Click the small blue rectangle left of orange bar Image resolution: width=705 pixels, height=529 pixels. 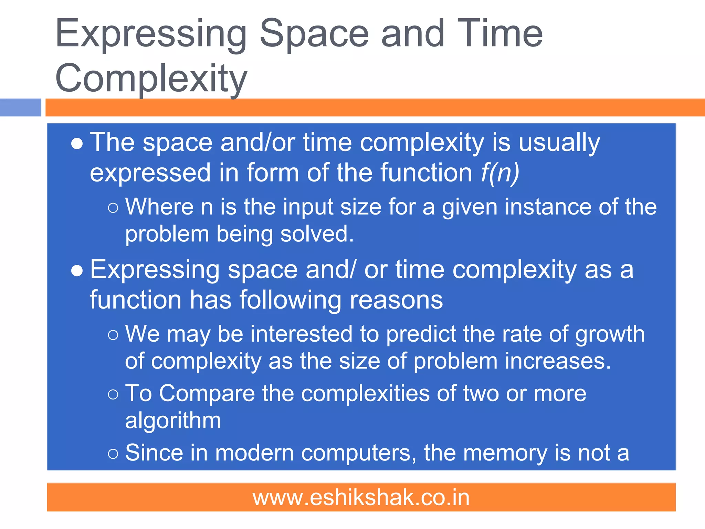point(20,107)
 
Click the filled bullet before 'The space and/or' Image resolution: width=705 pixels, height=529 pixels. point(77,144)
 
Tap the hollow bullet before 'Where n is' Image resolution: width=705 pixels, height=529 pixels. point(113,208)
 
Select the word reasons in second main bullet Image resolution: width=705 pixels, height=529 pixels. point(396,300)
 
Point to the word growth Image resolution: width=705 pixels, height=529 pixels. point(610,334)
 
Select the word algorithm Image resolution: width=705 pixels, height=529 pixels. point(173,421)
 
